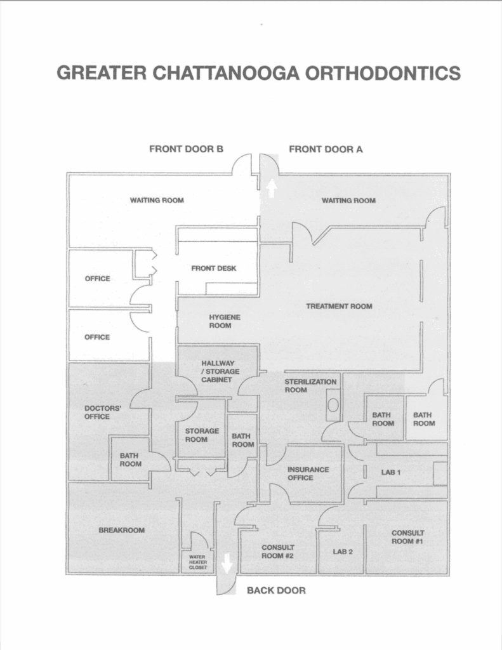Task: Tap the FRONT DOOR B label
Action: pos(186,150)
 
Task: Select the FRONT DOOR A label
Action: pos(326,150)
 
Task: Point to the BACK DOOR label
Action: pos(276,590)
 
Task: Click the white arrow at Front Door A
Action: pos(271,188)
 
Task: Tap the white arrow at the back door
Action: pos(227,562)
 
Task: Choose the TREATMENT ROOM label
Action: pos(339,307)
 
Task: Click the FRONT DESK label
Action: pos(214,269)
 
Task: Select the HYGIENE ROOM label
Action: pos(220,321)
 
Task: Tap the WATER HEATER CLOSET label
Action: pos(197,562)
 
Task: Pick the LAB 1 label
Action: pos(390,473)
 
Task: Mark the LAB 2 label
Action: pos(343,552)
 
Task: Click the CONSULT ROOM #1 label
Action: pos(407,538)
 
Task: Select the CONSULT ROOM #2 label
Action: pos(277,551)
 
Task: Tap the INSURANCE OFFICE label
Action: pos(308,474)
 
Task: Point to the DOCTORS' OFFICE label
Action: pos(97,412)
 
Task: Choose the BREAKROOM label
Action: pos(121,530)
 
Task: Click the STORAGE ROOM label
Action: pos(202,435)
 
